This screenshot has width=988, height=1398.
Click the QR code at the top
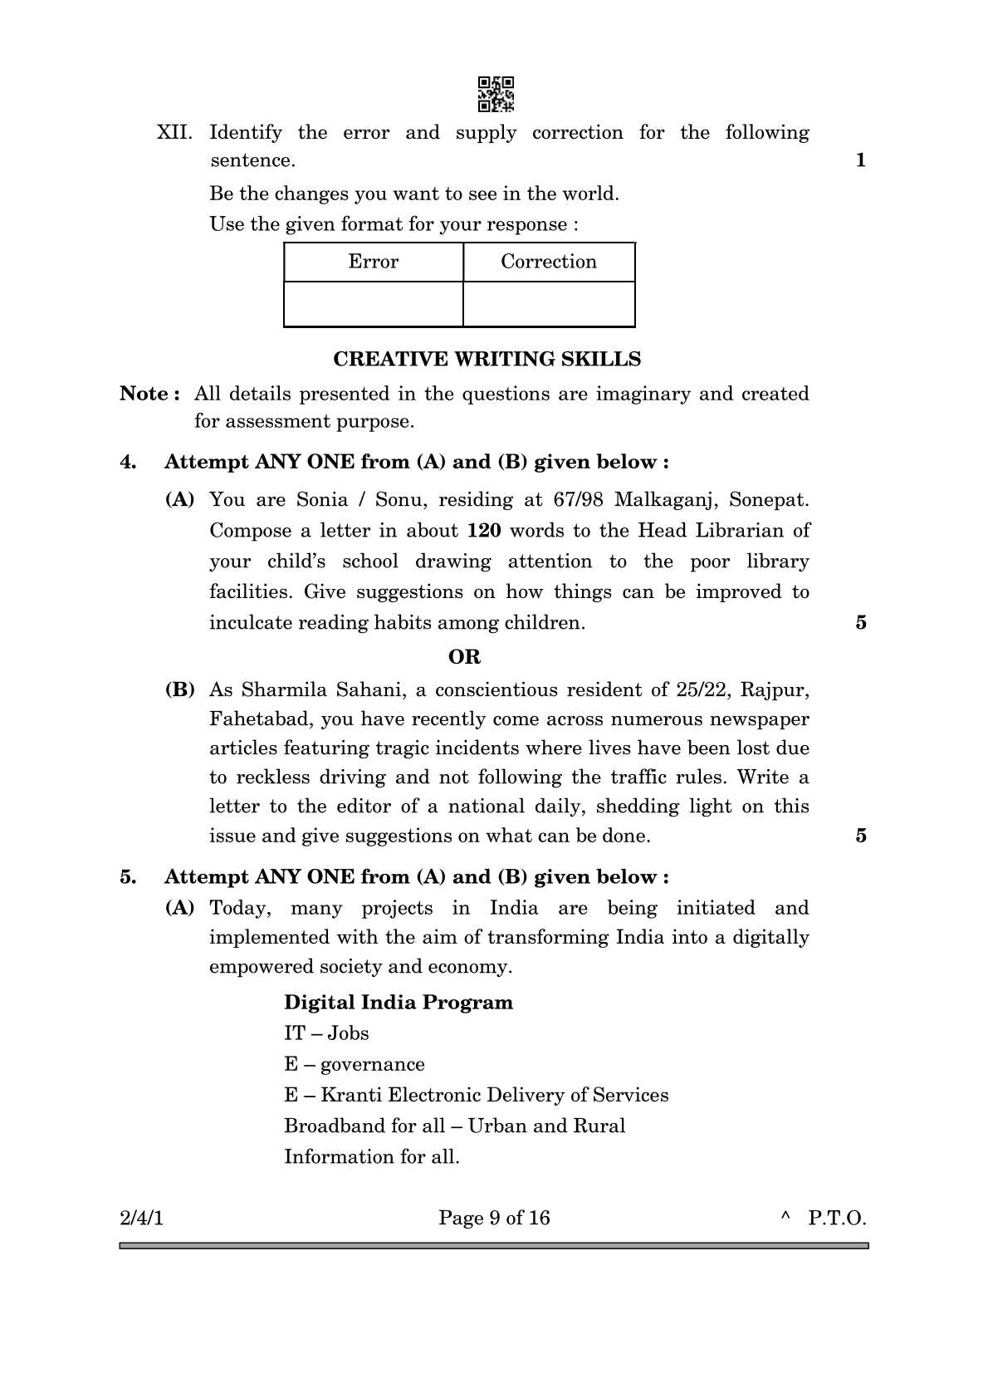(496, 94)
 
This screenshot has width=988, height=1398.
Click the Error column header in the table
(373, 262)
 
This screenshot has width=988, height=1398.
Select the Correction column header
(548, 262)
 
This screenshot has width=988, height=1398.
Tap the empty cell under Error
(373, 304)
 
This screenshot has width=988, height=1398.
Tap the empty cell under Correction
(548, 304)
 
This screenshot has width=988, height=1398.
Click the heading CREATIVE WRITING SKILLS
(487, 359)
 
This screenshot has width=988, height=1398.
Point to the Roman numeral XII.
(174, 133)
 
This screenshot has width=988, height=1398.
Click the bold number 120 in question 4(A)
(484, 531)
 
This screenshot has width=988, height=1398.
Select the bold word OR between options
(464, 657)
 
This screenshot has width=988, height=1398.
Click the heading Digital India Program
(398, 1003)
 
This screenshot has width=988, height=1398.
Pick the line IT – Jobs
(326, 1033)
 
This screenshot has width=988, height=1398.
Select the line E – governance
(354, 1064)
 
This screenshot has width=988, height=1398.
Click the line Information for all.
(371, 1156)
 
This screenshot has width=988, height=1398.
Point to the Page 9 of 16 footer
(494, 1218)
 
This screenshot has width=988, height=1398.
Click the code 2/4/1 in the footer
(142, 1218)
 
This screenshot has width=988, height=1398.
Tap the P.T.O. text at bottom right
(837, 1218)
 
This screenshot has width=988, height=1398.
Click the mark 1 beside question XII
(860, 160)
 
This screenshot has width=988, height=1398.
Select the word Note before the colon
(144, 394)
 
